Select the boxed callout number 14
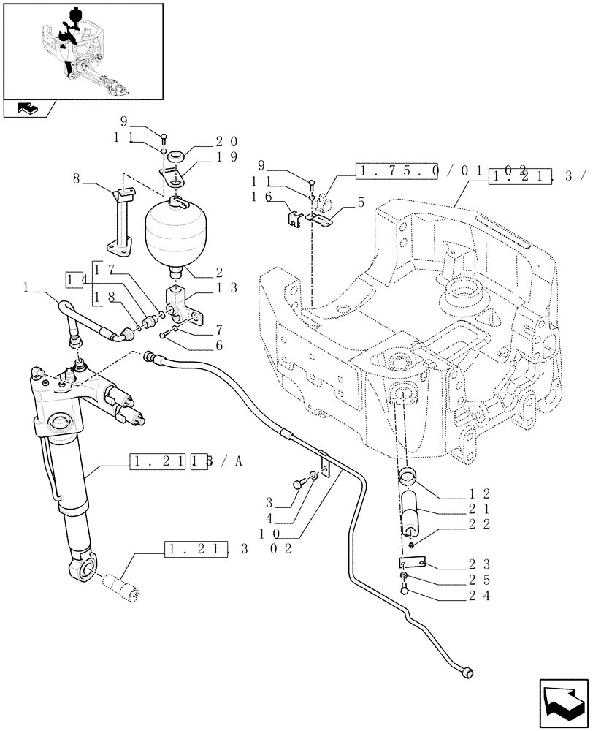click(x=72, y=279)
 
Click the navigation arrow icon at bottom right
click(x=562, y=702)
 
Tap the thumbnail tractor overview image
click(x=83, y=50)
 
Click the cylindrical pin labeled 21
click(x=411, y=512)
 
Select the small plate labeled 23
click(x=411, y=564)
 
